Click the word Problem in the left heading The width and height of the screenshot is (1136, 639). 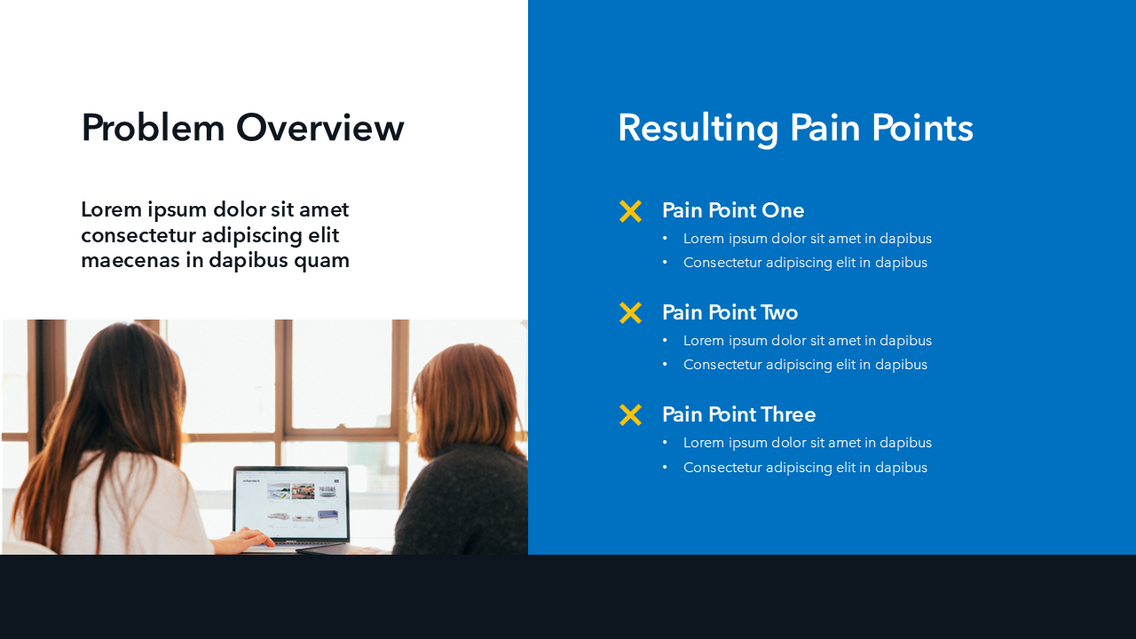153,128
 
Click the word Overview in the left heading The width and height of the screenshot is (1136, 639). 320,128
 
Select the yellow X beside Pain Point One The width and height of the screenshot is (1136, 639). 630,211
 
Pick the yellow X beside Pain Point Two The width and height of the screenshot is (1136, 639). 630,313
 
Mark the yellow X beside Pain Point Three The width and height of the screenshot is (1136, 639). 630,414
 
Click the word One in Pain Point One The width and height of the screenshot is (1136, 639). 783,210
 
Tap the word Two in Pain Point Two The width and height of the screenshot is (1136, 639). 779,312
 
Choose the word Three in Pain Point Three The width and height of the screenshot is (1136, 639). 787,414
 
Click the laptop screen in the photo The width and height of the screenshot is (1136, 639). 291,504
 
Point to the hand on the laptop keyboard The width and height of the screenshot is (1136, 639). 245,539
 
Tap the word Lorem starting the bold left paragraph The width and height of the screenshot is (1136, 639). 111,209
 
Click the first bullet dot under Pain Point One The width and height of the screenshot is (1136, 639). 665,239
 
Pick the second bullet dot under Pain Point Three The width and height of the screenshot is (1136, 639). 665,467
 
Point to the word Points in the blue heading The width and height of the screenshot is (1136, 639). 922,128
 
